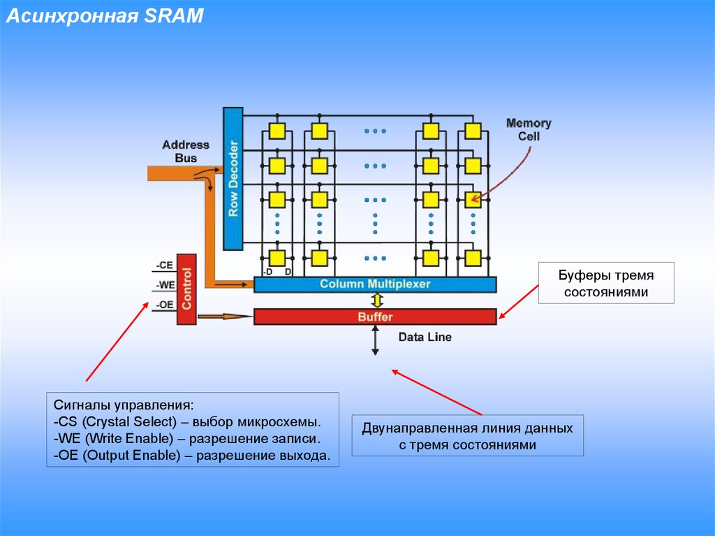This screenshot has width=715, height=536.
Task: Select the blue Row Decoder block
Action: click(233, 179)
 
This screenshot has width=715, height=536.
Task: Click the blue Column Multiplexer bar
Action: click(375, 284)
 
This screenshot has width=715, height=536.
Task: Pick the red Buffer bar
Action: click(375, 317)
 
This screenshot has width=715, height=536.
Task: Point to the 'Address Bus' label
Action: click(185, 152)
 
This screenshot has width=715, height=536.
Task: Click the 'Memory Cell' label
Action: click(529, 129)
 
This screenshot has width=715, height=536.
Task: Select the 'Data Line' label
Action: click(425, 337)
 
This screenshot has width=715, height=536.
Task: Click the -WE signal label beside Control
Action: click(164, 285)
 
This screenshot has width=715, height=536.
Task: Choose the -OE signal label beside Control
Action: click(164, 305)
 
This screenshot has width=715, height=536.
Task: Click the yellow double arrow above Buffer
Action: click(376, 300)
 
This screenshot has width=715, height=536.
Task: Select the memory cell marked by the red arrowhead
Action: click(473, 200)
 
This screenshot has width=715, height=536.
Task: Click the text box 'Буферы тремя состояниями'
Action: click(606, 283)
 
